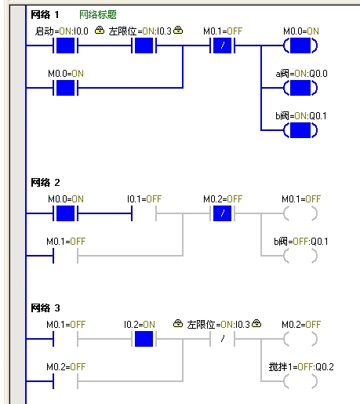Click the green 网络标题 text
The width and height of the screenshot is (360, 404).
tap(98, 15)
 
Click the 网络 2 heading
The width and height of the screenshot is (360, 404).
tap(45, 183)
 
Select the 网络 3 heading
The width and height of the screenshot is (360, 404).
tap(45, 308)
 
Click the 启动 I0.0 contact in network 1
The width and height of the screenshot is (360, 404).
tap(65, 45)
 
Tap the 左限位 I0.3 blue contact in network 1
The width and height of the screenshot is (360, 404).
tap(144, 45)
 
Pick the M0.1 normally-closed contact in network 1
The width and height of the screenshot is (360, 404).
tap(222, 45)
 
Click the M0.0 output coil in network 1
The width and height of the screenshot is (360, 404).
tap(300, 45)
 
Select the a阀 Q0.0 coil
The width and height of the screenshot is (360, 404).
tap(300, 88)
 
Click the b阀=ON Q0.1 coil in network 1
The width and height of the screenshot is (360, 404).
tap(300, 130)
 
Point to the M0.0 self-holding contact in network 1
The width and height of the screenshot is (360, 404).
tap(65, 88)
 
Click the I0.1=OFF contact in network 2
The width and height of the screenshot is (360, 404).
tap(144, 213)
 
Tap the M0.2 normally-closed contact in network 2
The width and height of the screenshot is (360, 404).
tap(222, 213)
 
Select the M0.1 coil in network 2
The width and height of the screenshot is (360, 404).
tap(300, 213)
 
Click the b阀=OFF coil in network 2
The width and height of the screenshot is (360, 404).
tap(300, 256)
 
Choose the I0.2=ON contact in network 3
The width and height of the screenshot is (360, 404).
tap(144, 339)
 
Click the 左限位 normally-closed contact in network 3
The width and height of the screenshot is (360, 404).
tap(222, 339)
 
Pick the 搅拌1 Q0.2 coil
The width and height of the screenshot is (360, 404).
tap(300, 381)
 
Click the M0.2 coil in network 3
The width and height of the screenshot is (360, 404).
tap(300, 339)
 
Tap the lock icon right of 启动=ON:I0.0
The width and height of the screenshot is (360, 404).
tap(100, 30)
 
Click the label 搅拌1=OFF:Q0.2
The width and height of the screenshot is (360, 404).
tap(301, 367)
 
